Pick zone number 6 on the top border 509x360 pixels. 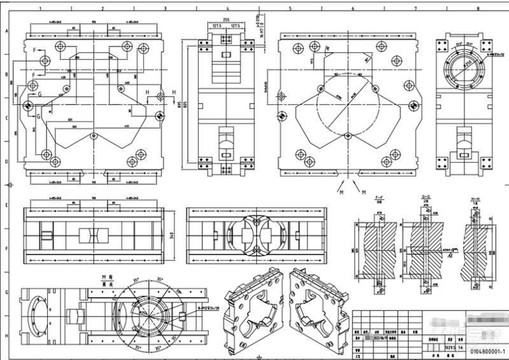pos(352,9)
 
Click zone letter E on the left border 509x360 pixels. pos(7,206)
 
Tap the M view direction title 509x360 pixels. pos(101,278)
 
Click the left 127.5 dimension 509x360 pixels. pos(216,26)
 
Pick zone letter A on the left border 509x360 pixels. pos(7,31)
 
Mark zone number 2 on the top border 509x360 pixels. pos(102,9)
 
